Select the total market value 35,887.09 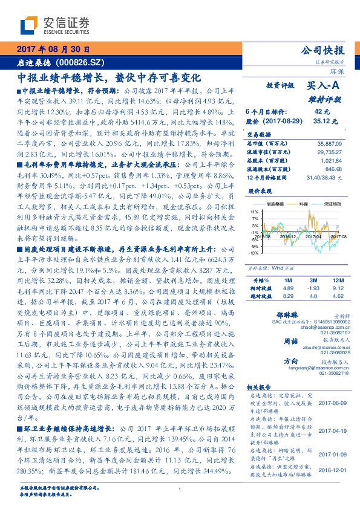(x=330, y=143)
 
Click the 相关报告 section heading (x=261, y=386)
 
